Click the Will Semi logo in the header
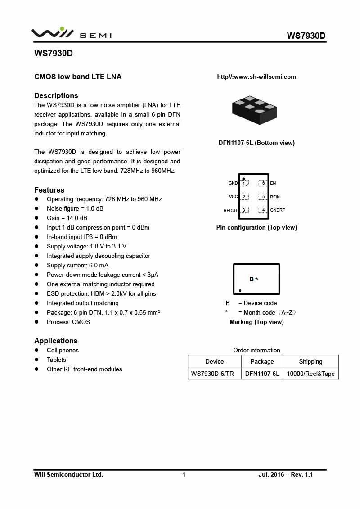tap(71, 33)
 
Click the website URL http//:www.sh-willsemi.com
tap(256, 77)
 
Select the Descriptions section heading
tap(56, 95)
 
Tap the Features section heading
tap(49, 190)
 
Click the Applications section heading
tap(56, 341)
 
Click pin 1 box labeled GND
tap(244, 183)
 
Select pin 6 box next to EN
tap(263, 183)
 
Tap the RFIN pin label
tap(275, 197)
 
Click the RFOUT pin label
tap(230, 210)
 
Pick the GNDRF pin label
tap(278, 210)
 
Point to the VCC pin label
tap(233, 197)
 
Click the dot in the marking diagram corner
tap(240, 291)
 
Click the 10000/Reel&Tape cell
tap(310, 374)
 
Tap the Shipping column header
tap(310, 361)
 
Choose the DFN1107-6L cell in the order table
tap(262, 374)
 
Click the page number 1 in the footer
tap(184, 474)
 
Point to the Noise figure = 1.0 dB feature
tap(75, 208)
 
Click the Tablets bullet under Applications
tap(56, 360)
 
